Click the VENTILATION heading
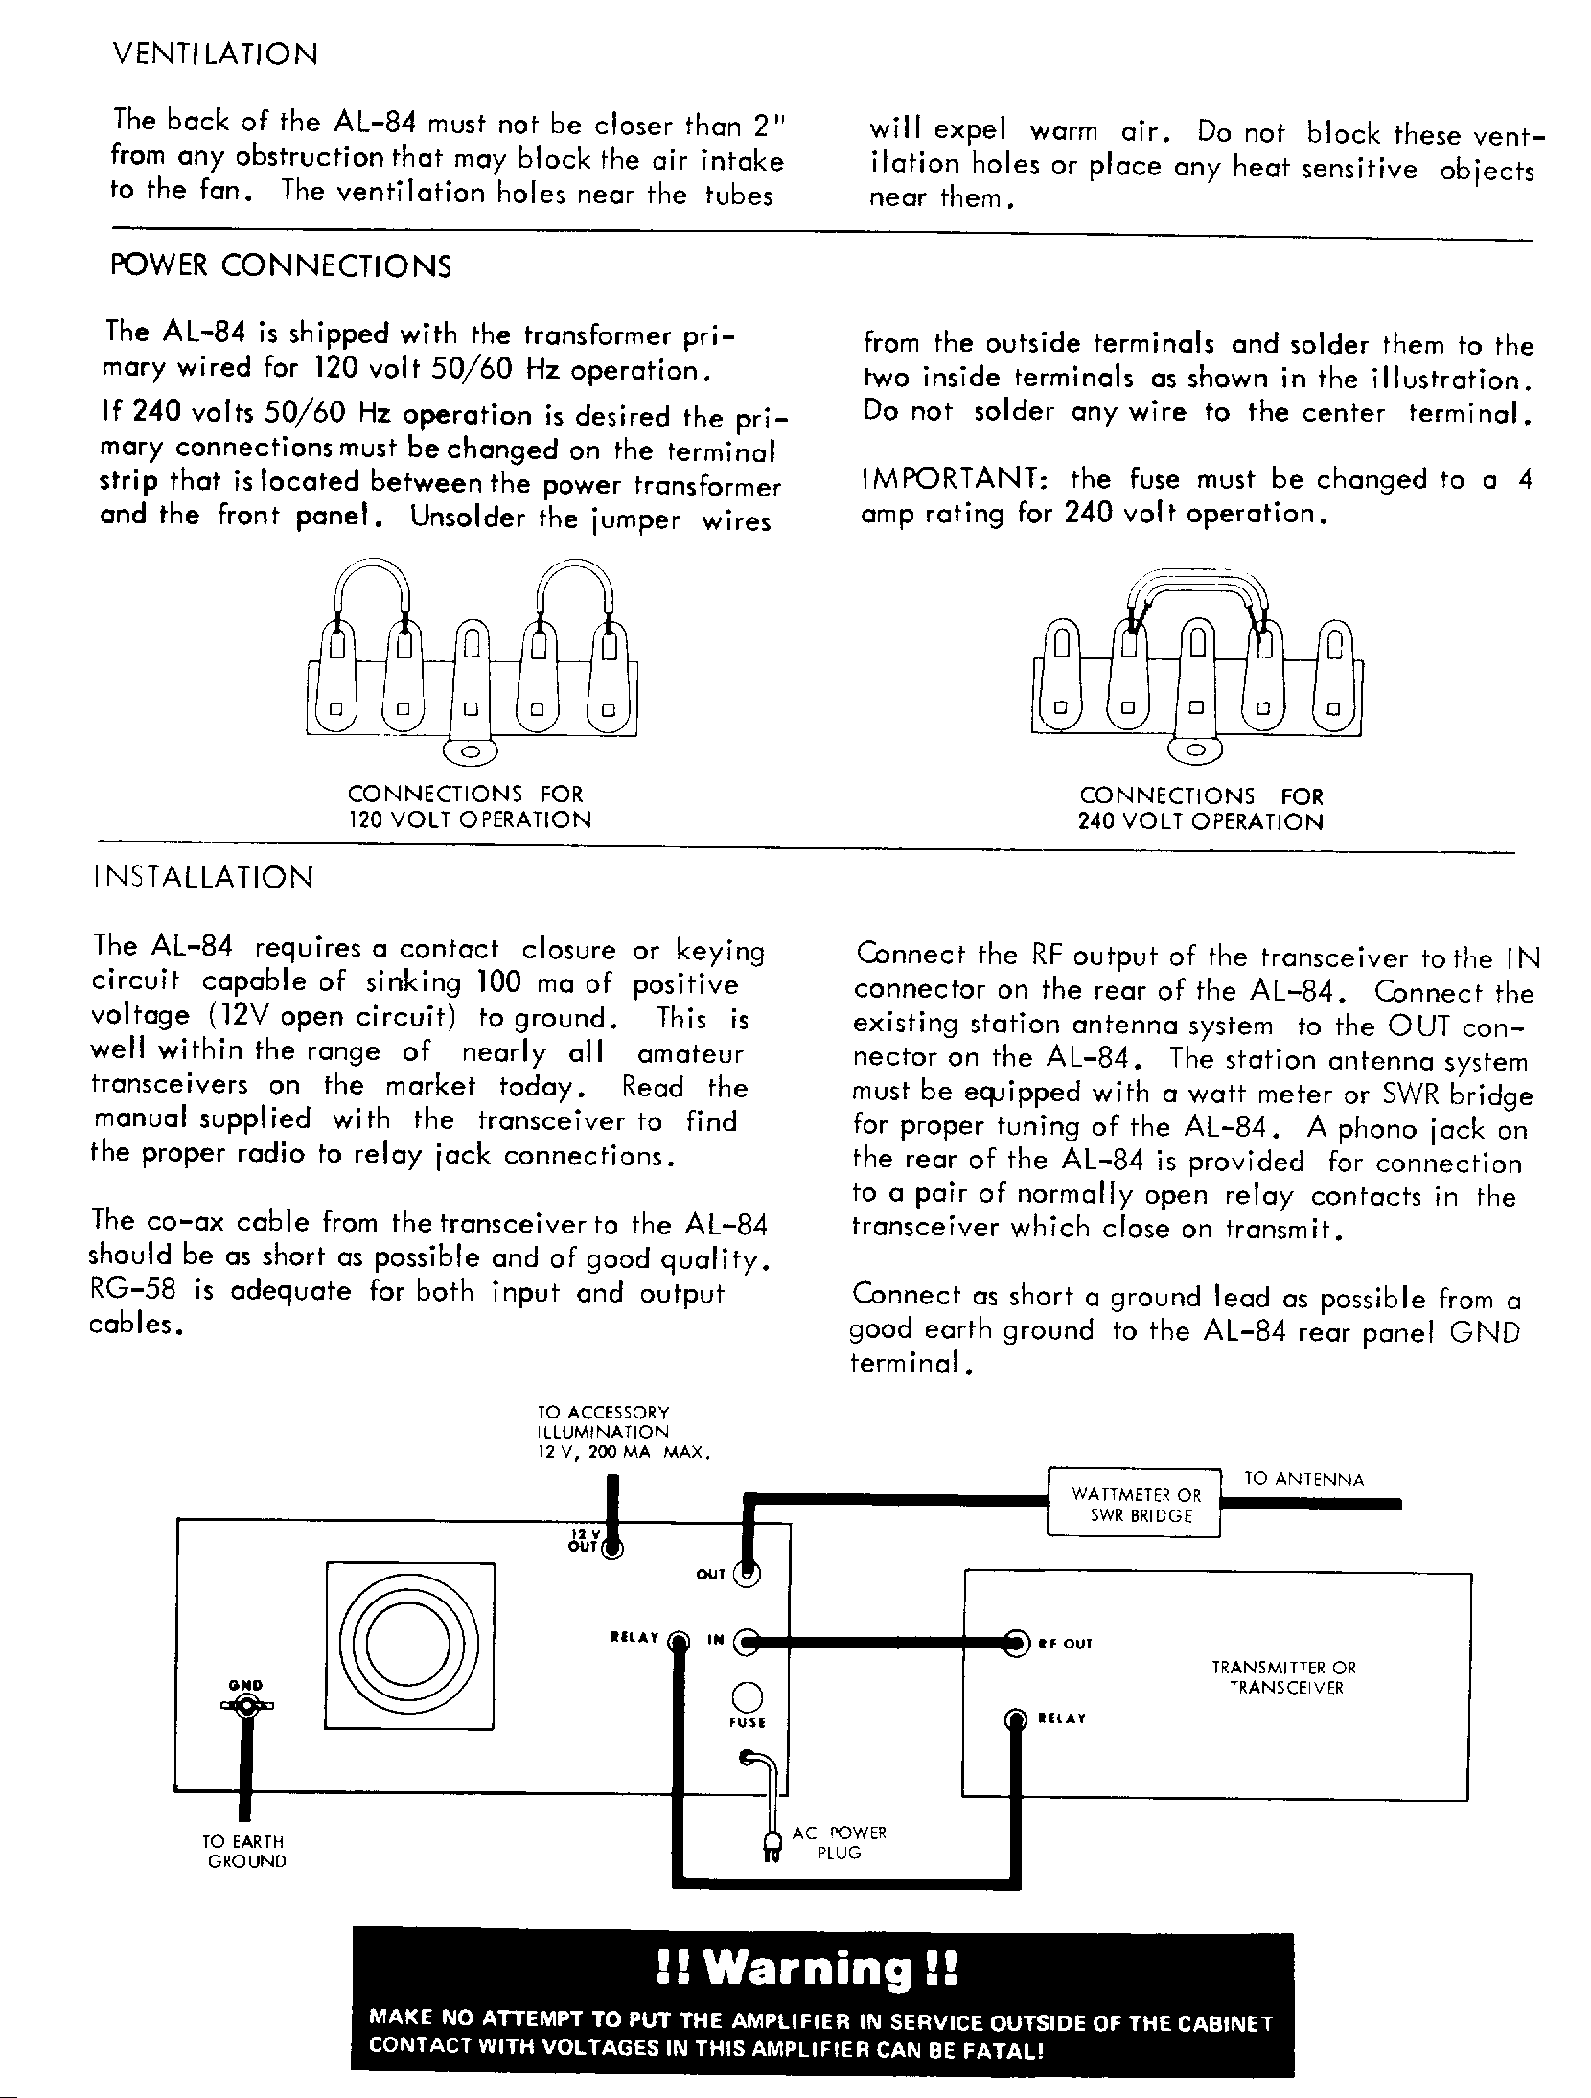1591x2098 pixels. pos(215,54)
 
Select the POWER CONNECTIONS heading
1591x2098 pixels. pos(281,266)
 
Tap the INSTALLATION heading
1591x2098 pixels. pos(203,878)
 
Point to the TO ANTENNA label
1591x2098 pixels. pos(1303,1479)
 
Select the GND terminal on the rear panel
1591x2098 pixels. pos(247,1706)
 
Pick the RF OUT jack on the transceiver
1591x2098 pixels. pos(1016,1643)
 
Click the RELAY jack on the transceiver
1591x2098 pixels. pos(1016,1718)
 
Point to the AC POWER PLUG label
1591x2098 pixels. pos(839,1842)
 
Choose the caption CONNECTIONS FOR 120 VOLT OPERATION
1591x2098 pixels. pos(469,807)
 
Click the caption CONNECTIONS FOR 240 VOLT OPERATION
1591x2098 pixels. pos(1200,809)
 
